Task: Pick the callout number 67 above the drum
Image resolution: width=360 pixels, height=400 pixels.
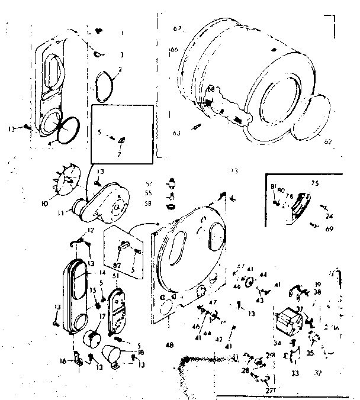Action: [177, 28]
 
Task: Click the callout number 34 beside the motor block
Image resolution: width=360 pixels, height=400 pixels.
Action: [277, 343]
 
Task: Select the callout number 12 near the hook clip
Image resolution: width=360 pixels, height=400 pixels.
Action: [91, 230]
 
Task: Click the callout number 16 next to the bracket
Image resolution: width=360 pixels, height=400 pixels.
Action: [63, 360]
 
